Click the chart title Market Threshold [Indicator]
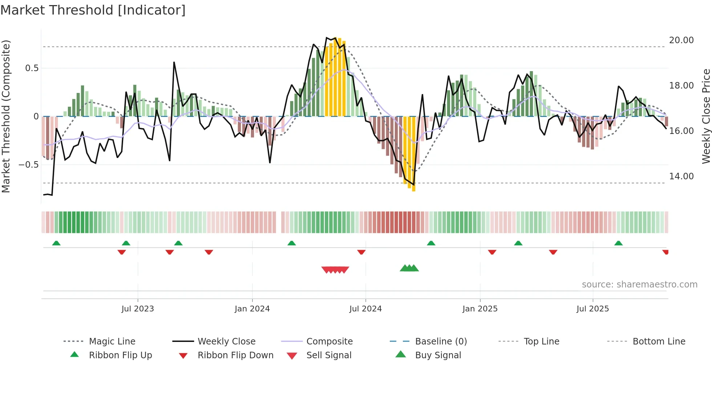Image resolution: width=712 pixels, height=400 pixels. click(x=93, y=10)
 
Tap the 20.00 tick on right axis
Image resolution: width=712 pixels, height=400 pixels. click(x=681, y=40)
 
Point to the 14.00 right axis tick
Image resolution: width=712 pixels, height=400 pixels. click(x=681, y=176)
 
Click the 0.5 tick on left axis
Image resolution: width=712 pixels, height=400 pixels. click(x=32, y=68)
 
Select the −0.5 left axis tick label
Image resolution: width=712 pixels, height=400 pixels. click(x=28, y=165)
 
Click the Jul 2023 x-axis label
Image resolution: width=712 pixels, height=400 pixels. click(x=138, y=309)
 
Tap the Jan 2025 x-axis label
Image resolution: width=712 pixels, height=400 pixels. click(x=480, y=309)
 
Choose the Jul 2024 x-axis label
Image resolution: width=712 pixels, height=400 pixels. click(x=365, y=309)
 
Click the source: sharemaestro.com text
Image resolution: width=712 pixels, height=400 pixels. click(x=639, y=285)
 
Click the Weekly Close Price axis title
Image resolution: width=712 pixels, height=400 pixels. click(x=706, y=116)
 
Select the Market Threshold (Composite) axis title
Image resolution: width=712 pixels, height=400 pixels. click(x=6, y=116)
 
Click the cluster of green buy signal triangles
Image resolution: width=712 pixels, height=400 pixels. click(x=409, y=268)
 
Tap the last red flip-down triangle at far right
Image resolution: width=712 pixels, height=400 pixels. click(x=665, y=252)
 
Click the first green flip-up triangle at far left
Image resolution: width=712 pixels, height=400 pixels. click(x=56, y=243)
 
